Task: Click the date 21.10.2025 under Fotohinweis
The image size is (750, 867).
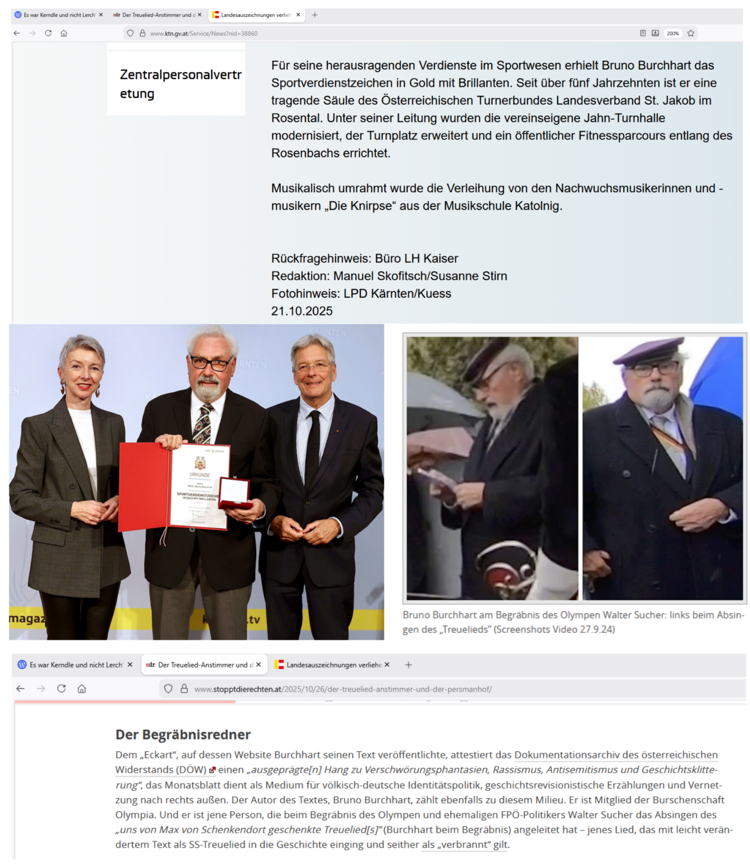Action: (x=301, y=311)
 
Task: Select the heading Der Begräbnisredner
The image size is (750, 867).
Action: (x=183, y=734)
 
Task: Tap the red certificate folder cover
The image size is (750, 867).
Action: (x=142, y=485)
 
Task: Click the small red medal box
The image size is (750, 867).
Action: (x=234, y=493)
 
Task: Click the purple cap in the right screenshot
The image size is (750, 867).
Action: (x=648, y=351)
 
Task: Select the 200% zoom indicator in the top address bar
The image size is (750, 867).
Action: (x=672, y=34)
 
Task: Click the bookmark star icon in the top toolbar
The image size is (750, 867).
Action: (x=691, y=34)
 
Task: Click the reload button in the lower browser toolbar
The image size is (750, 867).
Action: (x=61, y=689)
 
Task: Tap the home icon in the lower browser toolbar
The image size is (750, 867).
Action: (x=82, y=689)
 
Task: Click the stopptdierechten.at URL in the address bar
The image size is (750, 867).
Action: (x=343, y=689)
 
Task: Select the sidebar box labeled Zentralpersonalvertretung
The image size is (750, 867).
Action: (x=176, y=84)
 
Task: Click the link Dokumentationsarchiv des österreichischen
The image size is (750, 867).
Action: (x=615, y=755)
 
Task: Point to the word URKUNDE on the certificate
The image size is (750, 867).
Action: (x=199, y=474)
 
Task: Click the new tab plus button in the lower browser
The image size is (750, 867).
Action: (x=408, y=665)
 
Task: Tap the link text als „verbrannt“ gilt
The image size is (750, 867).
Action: (x=465, y=844)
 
